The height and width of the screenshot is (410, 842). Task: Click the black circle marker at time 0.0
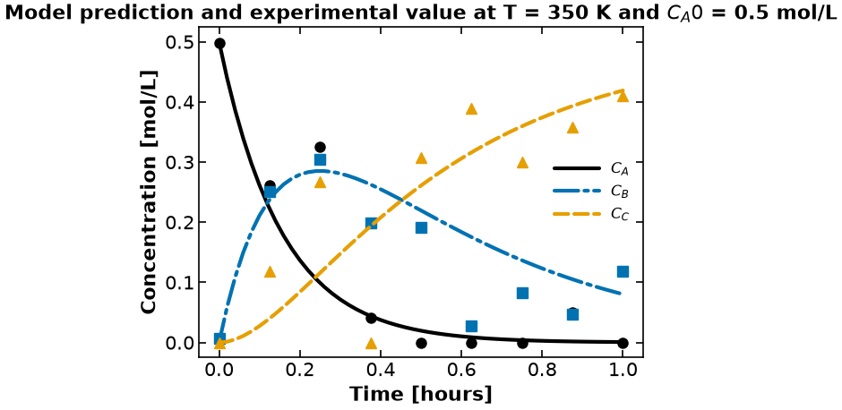click(219, 44)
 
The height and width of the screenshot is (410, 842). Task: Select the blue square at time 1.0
click(623, 271)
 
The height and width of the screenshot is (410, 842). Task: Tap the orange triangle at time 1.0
click(623, 96)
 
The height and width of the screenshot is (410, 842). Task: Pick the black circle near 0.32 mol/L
click(321, 147)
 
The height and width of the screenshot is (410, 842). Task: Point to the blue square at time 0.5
click(422, 227)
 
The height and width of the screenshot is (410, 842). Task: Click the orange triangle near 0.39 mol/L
click(471, 109)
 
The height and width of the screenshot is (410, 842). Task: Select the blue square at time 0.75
click(522, 293)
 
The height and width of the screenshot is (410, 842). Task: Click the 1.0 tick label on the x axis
click(623, 371)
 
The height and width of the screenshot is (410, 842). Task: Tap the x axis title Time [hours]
click(421, 395)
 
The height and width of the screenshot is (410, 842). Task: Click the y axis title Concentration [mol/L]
click(148, 192)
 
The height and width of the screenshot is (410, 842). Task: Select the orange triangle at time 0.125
click(271, 272)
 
